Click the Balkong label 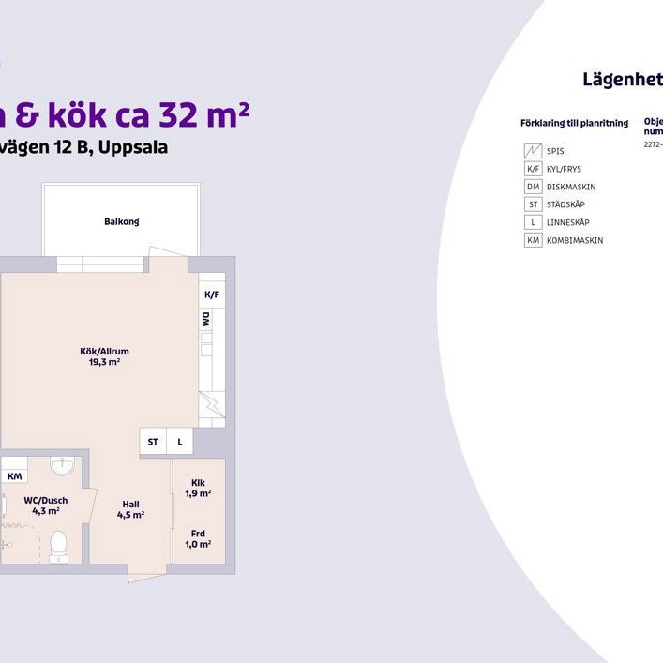coord(122,221)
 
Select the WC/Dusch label coord(46,505)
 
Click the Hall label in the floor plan coord(130,509)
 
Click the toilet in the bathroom coord(58,543)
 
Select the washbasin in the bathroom coord(62,465)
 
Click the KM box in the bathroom coord(14,476)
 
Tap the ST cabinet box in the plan coord(153,441)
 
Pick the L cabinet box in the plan coord(179,441)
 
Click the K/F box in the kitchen coord(211,294)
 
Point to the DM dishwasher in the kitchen coord(205,320)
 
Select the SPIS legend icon coord(533,151)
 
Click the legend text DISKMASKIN coord(570,187)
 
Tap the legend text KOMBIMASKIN coord(574,240)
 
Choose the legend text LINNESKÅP coord(567,222)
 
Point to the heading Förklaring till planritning coord(573,123)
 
